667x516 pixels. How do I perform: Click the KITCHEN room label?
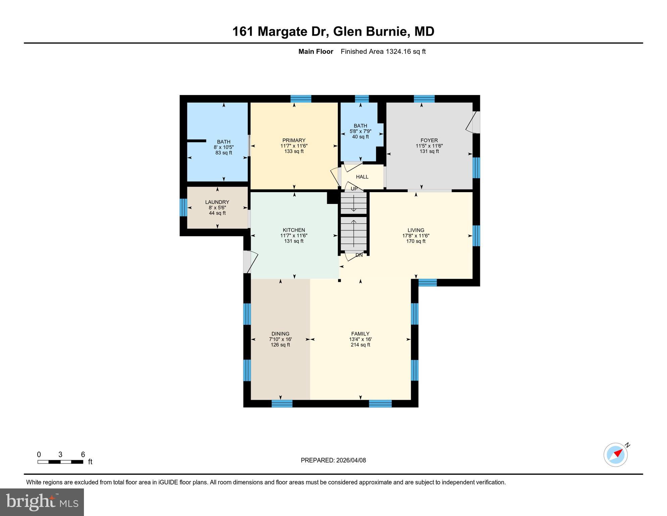[294, 230]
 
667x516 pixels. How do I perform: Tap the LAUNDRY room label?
[217, 202]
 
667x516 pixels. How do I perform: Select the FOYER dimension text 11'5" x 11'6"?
[429, 146]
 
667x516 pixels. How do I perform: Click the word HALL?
[362, 177]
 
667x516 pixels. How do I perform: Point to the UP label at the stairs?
[354, 189]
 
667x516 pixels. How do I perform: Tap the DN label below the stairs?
[359, 255]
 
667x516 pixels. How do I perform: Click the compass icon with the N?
[616, 455]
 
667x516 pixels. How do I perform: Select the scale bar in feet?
[60, 462]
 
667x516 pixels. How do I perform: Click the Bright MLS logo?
[42, 502]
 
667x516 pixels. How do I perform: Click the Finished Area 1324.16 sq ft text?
[383, 51]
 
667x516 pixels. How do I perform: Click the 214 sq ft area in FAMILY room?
[360, 345]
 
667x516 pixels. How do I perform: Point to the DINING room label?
[280, 334]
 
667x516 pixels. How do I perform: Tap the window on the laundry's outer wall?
[183, 207]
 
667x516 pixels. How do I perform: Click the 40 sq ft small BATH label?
[360, 137]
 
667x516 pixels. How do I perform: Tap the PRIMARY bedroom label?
[294, 140]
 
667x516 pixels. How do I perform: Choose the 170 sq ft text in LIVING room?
[416, 241]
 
